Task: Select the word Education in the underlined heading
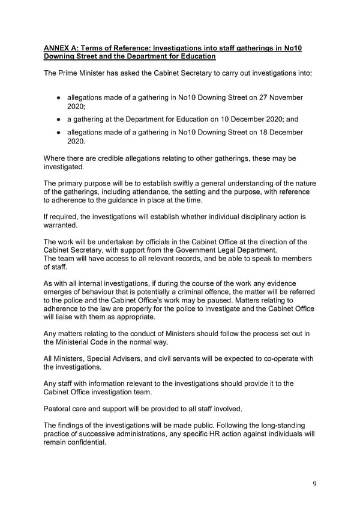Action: pyautogui.click(x=189, y=56)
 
